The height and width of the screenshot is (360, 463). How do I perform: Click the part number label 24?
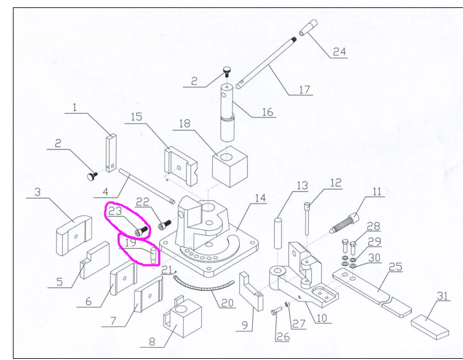[x=340, y=52]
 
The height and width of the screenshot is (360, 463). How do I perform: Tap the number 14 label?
[x=259, y=198]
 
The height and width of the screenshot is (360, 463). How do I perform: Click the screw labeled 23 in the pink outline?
[x=141, y=231]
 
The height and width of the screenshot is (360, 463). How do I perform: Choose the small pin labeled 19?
[x=152, y=254]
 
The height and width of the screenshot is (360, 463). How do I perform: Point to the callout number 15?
[x=136, y=117]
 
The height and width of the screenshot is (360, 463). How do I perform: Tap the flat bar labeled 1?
[x=111, y=153]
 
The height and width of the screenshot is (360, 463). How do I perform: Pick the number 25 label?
[x=396, y=266]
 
